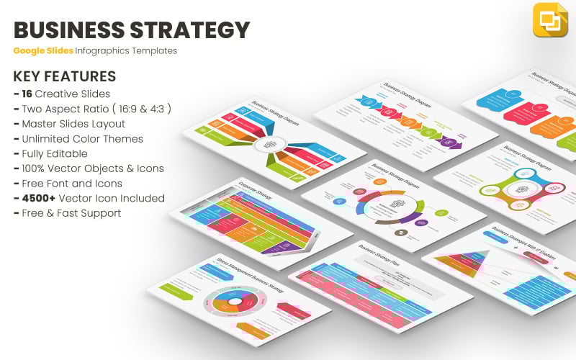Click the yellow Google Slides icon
point(550,19)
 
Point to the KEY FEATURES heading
point(64,76)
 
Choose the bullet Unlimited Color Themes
point(78,139)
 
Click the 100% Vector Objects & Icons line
point(89,168)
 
